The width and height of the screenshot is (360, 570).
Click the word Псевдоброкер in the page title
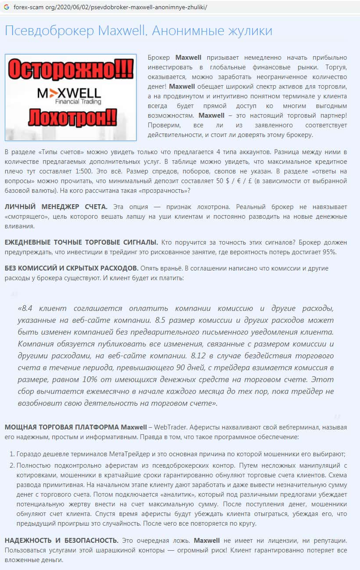tap(50, 31)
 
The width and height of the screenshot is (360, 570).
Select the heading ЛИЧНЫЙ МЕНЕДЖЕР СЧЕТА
tap(56, 207)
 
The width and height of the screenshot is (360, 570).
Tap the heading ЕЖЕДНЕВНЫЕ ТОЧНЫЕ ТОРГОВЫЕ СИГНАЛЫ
tap(81, 242)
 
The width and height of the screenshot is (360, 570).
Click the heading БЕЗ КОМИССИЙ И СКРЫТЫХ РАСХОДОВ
tap(72, 268)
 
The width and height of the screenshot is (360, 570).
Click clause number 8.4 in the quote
tap(27, 308)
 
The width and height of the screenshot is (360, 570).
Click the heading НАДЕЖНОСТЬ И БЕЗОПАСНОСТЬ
tap(61, 541)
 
